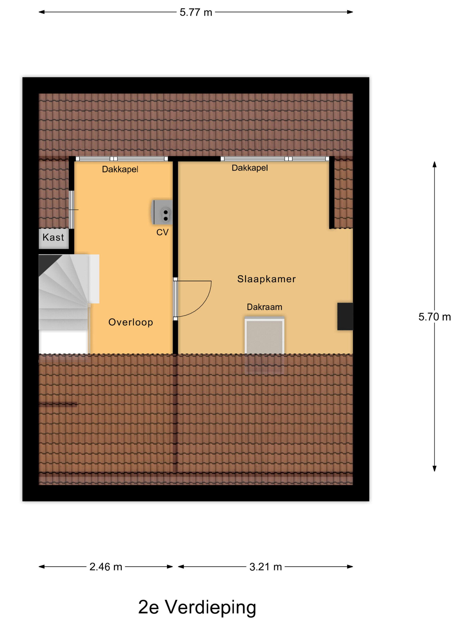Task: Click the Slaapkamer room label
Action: [x=266, y=279]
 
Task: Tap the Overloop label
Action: [x=131, y=322]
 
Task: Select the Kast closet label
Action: [x=53, y=237]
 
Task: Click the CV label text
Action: [x=162, y=232]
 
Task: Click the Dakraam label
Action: [x=264, y=307]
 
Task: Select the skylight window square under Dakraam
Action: [x=264, y=336]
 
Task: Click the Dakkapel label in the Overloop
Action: [x=120, y=169]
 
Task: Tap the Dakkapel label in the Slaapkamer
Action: [x=250, y=168]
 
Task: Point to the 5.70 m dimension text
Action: [x=435, y=317]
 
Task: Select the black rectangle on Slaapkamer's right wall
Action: [x=345, y=316]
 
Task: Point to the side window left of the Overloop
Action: [x=72, y=209]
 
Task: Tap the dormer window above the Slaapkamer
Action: [x=275, y=159]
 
